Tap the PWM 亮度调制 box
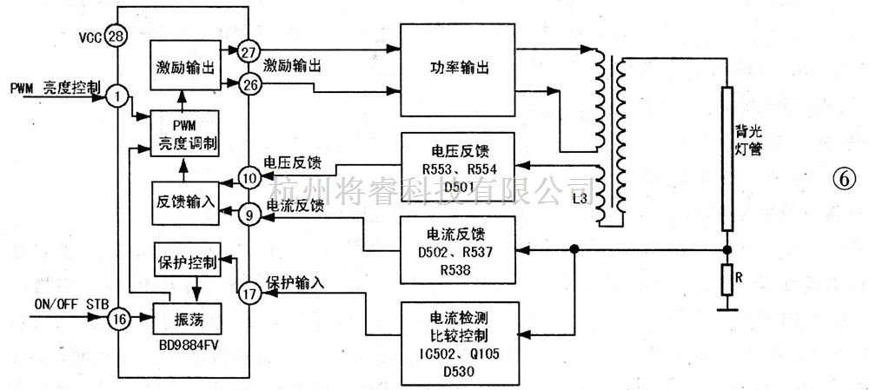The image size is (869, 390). click(183, 135)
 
